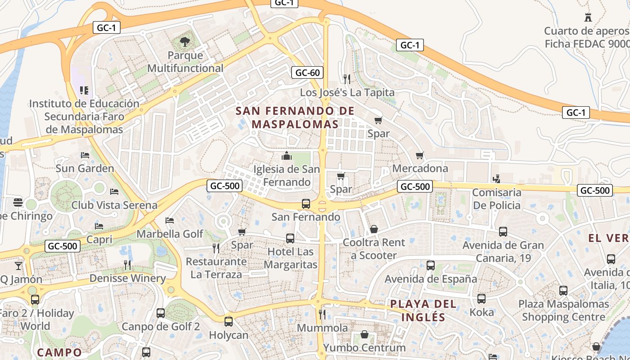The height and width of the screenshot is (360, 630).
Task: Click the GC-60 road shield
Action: [x=308, y=72]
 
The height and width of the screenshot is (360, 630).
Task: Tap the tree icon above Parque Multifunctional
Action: [x=184, y=42]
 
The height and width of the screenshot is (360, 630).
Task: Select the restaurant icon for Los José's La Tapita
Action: [x=346, y=79]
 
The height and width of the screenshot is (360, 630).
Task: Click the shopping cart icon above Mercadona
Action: [x=420, y=156]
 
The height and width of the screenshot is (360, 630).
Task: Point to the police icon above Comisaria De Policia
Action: [x=496, y=179]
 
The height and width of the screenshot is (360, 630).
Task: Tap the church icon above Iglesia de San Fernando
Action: [x=287, y=156]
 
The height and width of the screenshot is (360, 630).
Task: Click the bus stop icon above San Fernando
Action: [x=306, y=203]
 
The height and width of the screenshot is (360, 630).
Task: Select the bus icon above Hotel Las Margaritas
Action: [x=290, y=238]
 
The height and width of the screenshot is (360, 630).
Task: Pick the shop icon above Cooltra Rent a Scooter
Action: [x=373, y=229]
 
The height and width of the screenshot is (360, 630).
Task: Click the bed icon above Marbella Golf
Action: [x=170, y=220]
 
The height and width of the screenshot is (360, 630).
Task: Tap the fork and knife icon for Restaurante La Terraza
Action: [x=216, y=248]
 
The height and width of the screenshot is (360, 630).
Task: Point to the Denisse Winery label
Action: [x=128, y=278]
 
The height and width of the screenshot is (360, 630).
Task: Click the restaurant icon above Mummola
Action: [x=322, y=314]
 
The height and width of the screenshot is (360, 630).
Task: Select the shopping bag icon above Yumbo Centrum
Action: [x=364, y=335]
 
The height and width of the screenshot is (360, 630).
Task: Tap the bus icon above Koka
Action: [x=481, y=298]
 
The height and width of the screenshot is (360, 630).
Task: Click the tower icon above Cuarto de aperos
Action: [x=588, y=18]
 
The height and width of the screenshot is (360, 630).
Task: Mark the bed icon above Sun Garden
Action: [x=85, y=155]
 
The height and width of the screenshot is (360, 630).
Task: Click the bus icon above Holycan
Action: [x=229, y=321]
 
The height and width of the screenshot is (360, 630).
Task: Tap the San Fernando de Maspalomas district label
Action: [x=295, y=117]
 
